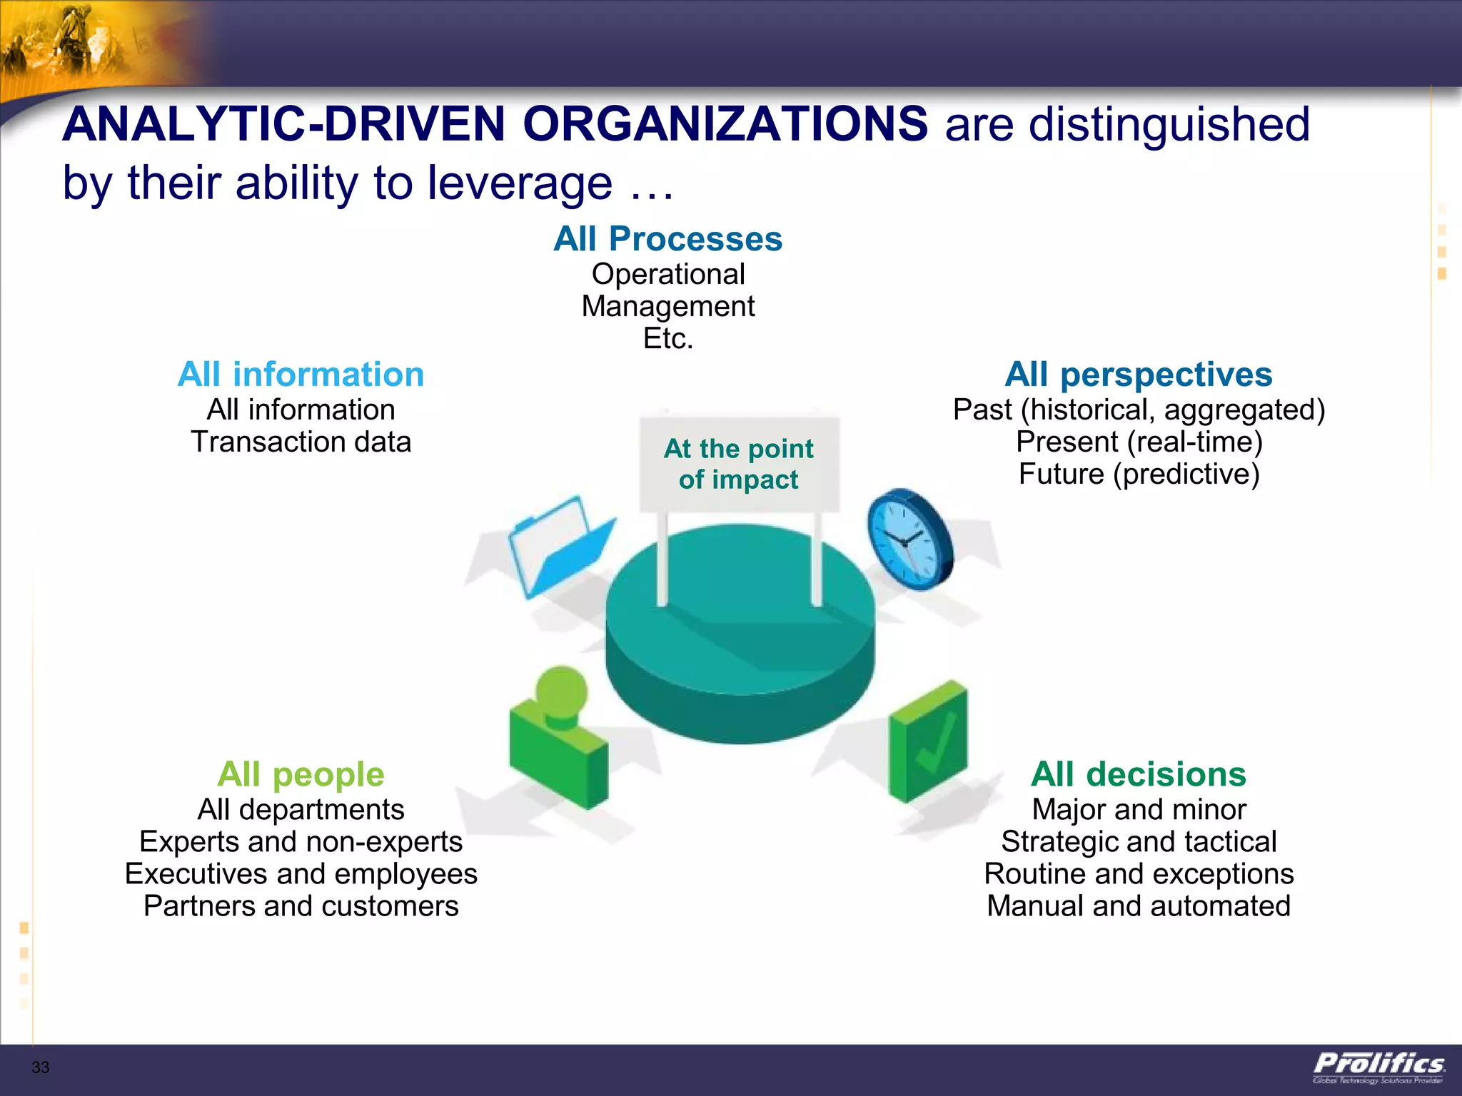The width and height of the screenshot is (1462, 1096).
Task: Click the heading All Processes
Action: pyautogui.click(x=667, y=239)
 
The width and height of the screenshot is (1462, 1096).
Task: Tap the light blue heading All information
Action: pyautogui.click(x=301, y=375)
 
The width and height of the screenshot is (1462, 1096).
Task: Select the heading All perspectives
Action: pyautogui.click(x=1138, y=375)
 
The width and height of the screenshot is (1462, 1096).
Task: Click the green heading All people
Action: pyautogui.click(x=301, y=775)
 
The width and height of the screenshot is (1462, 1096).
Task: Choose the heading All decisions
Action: pyautogui.click(x=1138, y=775)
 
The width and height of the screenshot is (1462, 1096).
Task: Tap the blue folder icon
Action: pyautogui.click(x=559, y=547)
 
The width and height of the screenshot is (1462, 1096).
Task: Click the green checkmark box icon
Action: pyautogui.click(x=928, y=742)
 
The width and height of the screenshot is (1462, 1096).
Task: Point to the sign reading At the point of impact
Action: pyautogui.click(x=739, y=464)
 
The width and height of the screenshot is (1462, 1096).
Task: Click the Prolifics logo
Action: pyautogui.click(x=1378, y=1067)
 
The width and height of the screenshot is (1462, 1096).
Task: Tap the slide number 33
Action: pyautogui.click(x=41, y=1067)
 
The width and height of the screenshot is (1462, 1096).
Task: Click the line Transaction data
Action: pyautogui.click(x=301, y=442)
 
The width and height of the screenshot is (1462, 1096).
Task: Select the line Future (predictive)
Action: pyautogui.click(x=1139, y=475)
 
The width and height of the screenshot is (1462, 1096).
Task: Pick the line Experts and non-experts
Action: pyautogui.click(x=301, y=842)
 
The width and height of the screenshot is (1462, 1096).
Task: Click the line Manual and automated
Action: pyautogui.click(x=1138, y=906)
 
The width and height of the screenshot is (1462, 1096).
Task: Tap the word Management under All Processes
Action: pyautogui.click(x=667, y=307)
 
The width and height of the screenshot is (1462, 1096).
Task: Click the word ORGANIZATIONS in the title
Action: pyautogui.click(x=725, y=125)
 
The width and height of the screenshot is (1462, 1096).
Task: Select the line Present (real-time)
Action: pyautogui.click(x=1139, y=442)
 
